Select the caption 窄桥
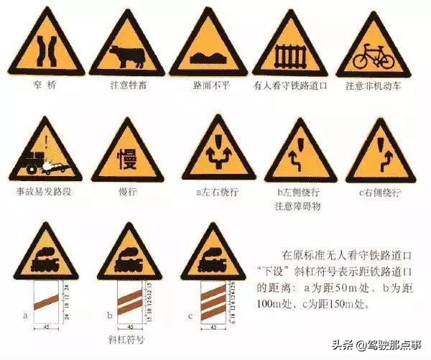pos(45,86)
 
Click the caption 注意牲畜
pos(127,86)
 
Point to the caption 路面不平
pos(208,86)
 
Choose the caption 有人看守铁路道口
pos(290,86)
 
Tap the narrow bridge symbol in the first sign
pos(45,52)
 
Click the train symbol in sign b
pos(129,258)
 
